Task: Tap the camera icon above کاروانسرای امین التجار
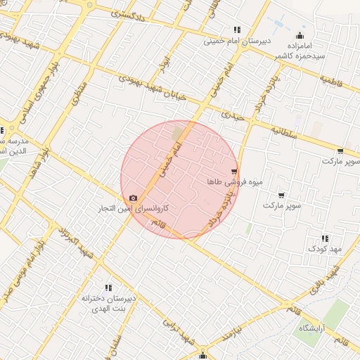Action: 134,198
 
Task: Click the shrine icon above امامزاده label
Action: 301,36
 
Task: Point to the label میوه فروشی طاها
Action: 234,181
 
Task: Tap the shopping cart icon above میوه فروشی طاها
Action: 234,171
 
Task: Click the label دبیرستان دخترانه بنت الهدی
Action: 108,303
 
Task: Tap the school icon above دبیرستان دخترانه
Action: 108,288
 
